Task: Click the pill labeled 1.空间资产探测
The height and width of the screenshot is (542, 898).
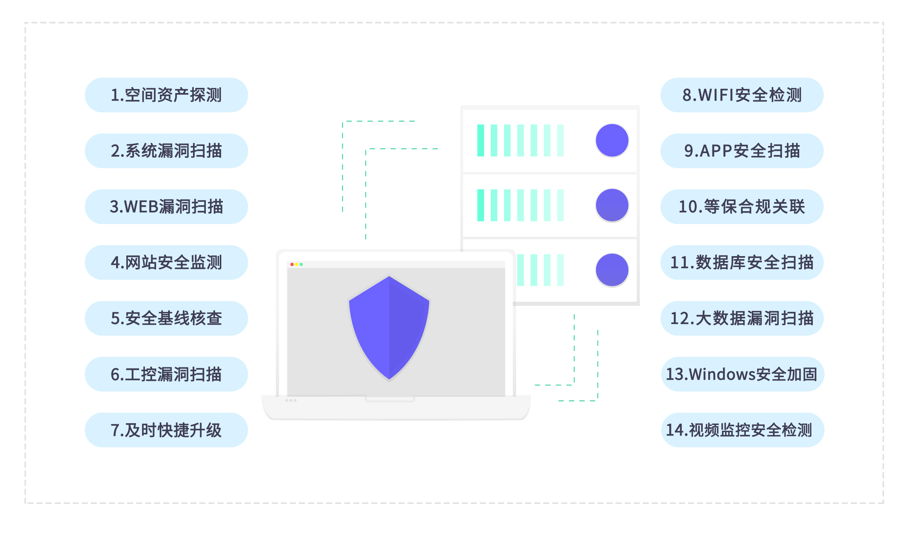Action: pos(166,95)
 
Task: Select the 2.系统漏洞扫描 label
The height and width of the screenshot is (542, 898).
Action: pos(166,151)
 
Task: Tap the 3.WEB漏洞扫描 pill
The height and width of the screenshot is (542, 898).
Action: pos(166,207)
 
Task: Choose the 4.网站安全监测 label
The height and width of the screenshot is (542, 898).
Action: pos(166,263)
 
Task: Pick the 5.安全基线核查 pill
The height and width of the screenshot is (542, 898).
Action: pos(166,318)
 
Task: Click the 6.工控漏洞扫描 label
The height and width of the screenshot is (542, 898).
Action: pos(166,374)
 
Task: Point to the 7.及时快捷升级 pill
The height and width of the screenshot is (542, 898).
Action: pos(166,430)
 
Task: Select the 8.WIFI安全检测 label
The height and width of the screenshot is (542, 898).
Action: pos(742,95)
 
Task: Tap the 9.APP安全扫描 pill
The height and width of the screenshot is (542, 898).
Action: pos(742,151)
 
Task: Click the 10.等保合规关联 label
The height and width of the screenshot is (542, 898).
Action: pos(742,207)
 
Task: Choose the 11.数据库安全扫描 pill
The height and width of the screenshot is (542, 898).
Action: pos(742,263)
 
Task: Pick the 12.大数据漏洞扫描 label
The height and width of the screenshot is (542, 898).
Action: pos(742,318)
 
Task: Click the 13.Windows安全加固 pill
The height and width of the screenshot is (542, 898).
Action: pos(742,374)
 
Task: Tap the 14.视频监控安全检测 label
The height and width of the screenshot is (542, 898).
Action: pos(742,430)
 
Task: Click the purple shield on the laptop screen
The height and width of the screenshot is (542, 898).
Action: pos(389,328)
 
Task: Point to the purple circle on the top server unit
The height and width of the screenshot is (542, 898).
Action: pos(612,140)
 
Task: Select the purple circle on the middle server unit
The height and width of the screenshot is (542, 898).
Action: pos(612,205)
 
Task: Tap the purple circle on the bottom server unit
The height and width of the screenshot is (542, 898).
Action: pos(612,270)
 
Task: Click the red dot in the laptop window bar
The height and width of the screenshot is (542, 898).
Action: pos(292,264)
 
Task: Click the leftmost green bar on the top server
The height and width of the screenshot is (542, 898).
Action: pos(481,140)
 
